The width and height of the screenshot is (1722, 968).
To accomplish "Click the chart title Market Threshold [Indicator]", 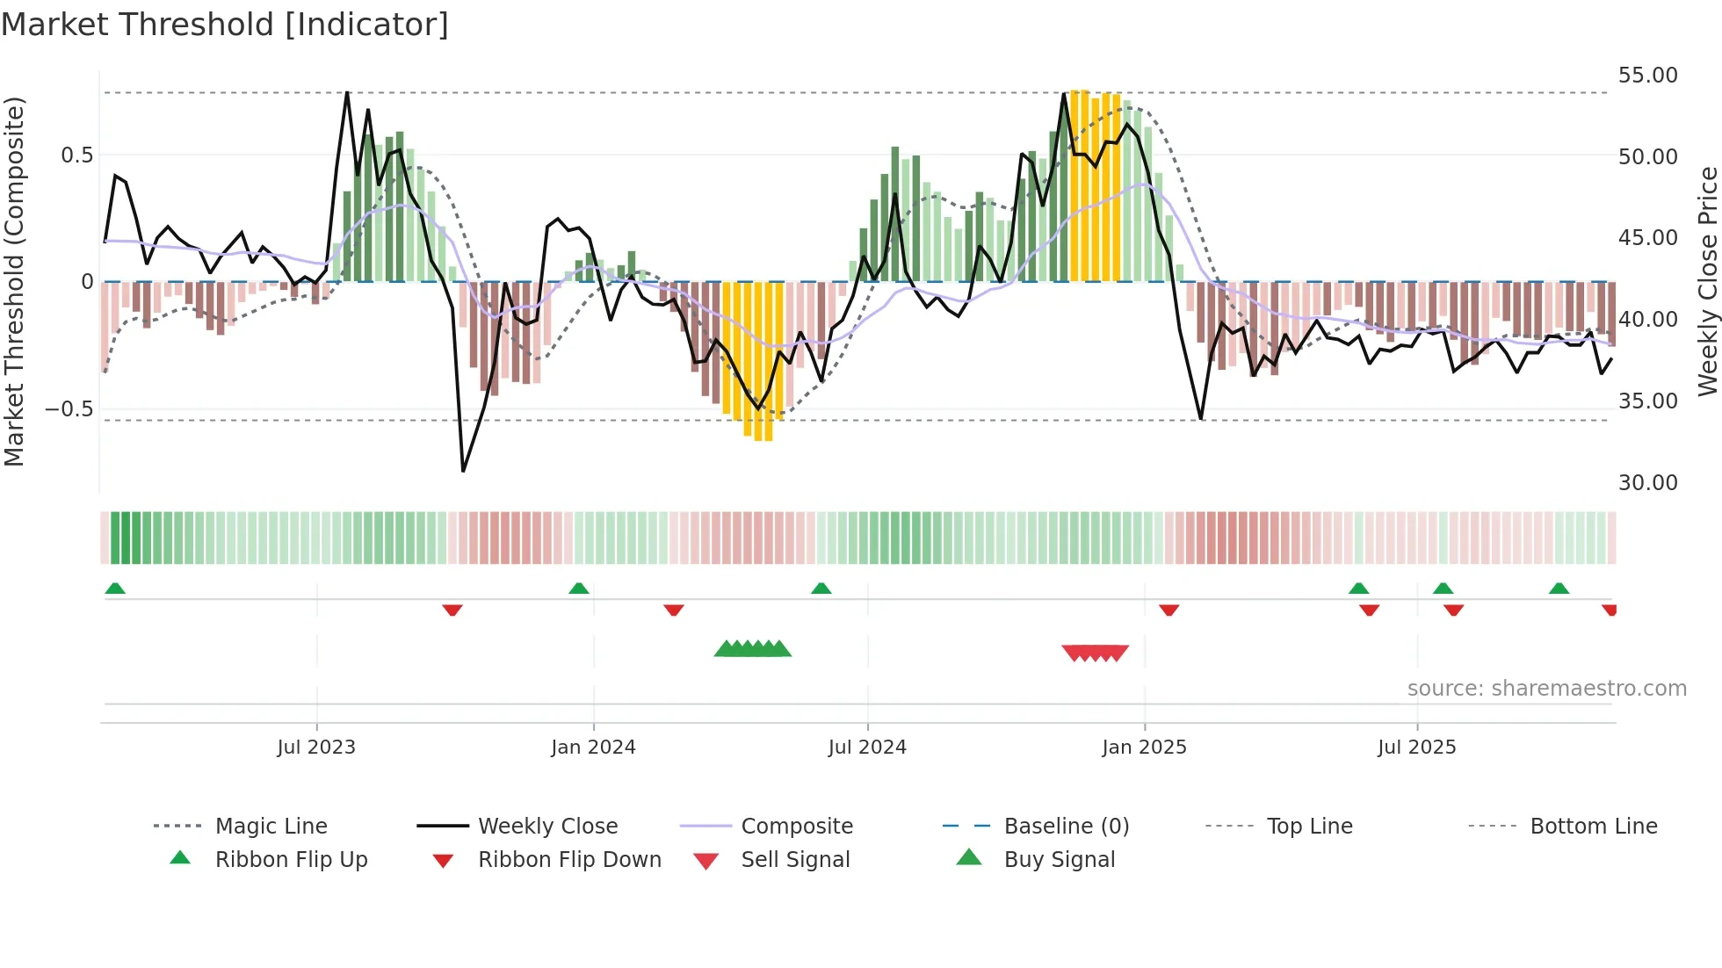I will tap(225, 25).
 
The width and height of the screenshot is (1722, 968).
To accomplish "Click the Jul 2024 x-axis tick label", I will tap(867, 748).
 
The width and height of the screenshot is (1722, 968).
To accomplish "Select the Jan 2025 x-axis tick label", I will tap(1144, 748).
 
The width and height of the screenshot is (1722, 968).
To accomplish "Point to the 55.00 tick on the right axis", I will tap(1647, 76).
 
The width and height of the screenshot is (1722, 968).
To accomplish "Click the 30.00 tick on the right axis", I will tap(1647, 483).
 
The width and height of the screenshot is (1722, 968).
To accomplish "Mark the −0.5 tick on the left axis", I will tap(69, 409).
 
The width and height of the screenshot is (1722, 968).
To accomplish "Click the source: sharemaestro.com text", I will tap(1546, 689).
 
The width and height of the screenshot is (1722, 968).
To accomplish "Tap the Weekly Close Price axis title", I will tap(1707, 281).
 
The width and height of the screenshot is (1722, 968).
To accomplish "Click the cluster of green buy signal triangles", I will tap(753, 650).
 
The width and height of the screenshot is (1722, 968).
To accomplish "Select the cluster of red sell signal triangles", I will tap(1095, 653).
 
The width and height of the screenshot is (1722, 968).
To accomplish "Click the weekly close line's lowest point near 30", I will tap(463, 471).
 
